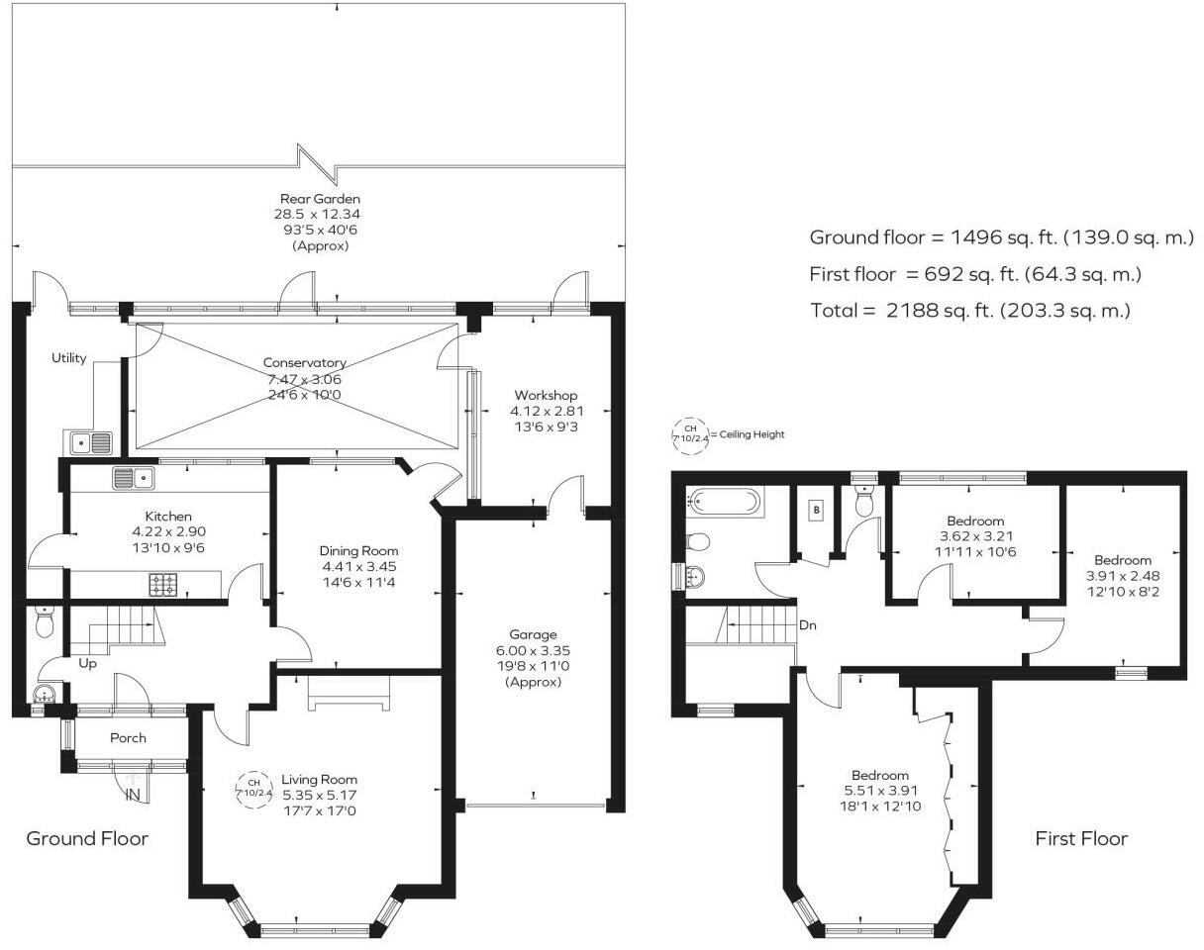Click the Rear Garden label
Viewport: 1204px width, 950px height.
coord(320,199)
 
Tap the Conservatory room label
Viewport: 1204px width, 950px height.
coord(304,363)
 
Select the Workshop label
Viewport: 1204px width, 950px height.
coord(544,396)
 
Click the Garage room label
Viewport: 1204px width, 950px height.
coord(533,634)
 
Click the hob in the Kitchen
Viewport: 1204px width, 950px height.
coord(162,585)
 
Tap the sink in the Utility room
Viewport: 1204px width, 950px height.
coord(88,441)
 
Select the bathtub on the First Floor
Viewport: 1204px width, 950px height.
coord(724,503)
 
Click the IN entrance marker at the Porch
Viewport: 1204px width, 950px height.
coord(133,794)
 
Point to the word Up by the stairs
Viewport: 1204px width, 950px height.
coord(88,663)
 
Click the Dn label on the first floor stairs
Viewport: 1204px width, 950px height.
coord(807,625)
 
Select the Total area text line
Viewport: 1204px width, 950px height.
coord(969,311)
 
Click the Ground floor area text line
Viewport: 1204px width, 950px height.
coord(1001,237)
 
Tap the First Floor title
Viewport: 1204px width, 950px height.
coord(1081,839)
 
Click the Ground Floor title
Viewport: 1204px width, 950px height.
coord(87,839)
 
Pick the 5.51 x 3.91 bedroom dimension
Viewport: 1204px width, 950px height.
coord(879,791)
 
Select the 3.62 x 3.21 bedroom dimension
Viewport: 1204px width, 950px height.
coord(975,536)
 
